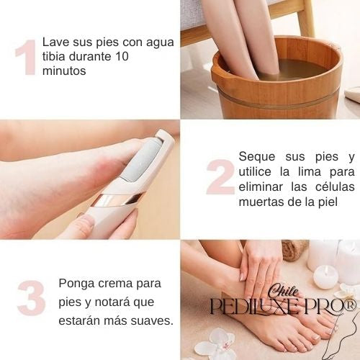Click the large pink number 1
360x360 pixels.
coord(25,57)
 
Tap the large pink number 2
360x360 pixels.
coord(220,176)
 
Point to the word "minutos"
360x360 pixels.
coord(64,72)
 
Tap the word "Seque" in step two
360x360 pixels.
coord(256,156)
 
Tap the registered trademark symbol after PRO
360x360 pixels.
coord(351,306)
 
